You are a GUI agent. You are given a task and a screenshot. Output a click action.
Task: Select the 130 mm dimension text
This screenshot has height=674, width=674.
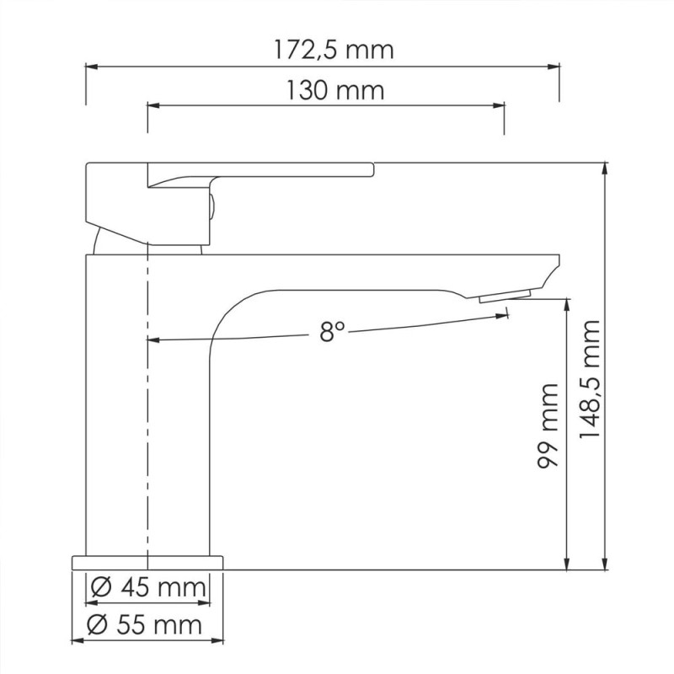tap(334, 90)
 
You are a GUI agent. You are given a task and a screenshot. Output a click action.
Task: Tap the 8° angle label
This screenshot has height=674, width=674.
tap(333, 332)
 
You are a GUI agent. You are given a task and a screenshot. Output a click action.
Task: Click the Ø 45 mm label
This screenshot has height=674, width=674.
tap(147, 586)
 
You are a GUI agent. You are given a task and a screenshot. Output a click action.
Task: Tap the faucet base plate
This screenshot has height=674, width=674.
tap(148, 562)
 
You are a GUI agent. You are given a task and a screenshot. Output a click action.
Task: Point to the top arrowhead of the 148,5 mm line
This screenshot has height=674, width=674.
tap(605, 167)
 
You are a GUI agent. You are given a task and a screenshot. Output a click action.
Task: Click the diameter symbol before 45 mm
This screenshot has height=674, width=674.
tap(97, 586)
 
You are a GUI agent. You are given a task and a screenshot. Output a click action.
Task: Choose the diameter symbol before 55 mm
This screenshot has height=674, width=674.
tap(97, 624)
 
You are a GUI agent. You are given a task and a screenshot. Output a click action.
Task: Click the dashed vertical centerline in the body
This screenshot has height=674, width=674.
tap(147, 404)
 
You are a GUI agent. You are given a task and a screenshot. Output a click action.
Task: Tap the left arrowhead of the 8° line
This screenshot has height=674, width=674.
tap(152, 340)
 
